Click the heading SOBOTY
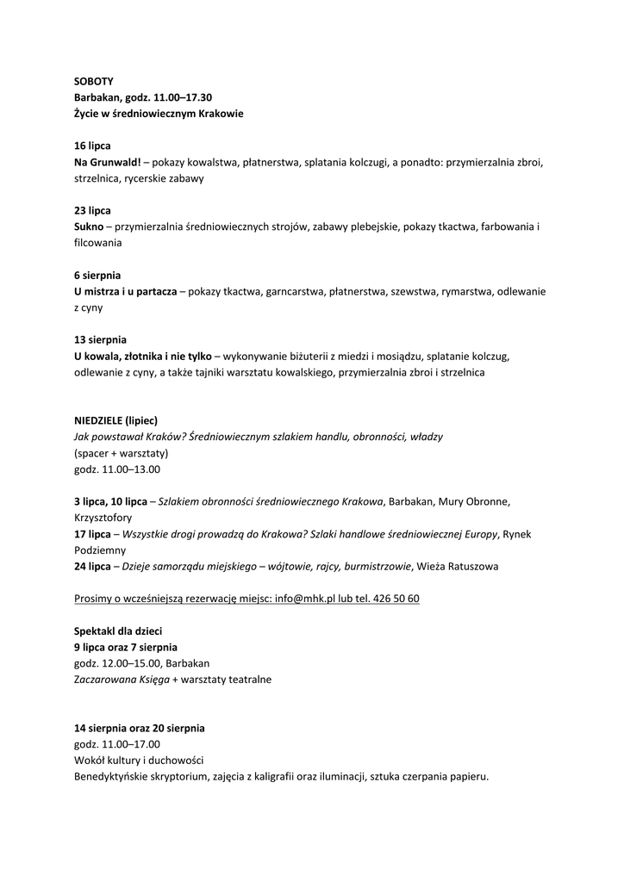93,81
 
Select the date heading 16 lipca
92,146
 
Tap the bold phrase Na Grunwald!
107,162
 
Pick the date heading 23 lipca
92,210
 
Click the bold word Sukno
88,227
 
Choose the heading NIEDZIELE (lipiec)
115,420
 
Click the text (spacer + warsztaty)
121,453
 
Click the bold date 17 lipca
92,534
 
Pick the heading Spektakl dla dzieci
118,631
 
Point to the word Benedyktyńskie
114,777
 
